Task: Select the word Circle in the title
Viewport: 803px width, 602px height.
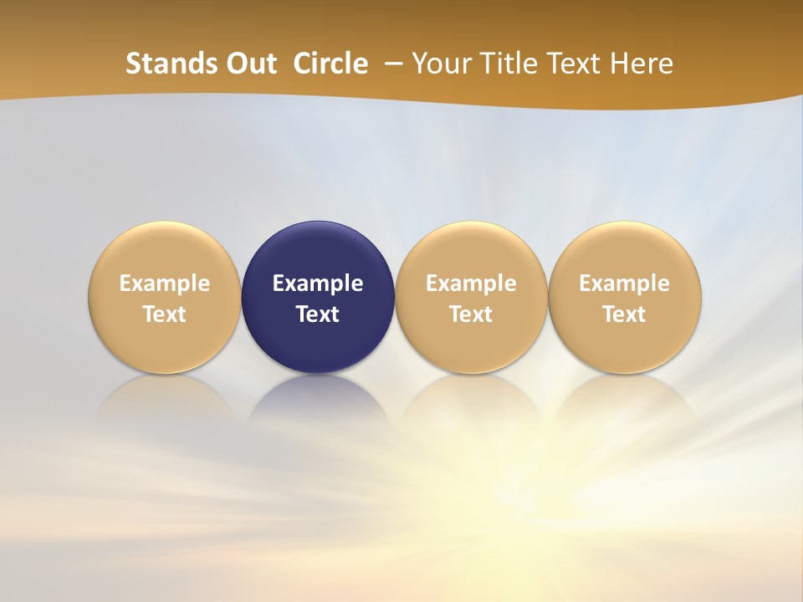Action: point(330,64)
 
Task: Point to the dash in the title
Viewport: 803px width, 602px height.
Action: point(391,64)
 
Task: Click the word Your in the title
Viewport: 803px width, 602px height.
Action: point(439,64)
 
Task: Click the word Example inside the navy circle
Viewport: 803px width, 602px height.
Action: point(318,283)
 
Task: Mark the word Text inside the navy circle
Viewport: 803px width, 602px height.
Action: point(318,314)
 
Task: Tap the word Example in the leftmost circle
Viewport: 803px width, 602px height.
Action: point(165,283)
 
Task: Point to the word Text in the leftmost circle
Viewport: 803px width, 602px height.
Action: point(165,314)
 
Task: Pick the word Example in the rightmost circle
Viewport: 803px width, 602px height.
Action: point(625,283)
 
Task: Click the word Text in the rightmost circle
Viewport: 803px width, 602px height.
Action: point(625,314)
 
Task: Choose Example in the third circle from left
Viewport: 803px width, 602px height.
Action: point(471,283)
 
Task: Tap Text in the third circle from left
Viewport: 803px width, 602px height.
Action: point(471,314)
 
